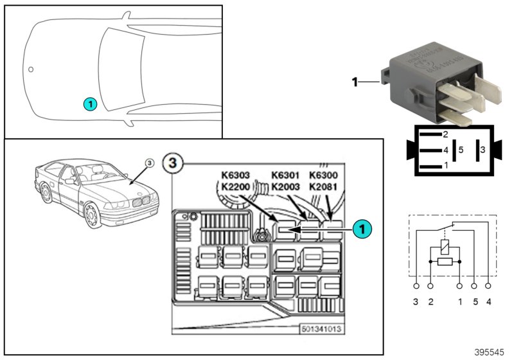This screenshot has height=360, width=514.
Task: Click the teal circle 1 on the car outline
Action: [90, 103]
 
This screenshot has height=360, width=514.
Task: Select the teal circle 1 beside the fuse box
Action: [362, 228]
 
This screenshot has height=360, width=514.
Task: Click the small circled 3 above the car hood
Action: [149, 163]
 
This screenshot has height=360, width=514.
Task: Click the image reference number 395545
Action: [490, 352]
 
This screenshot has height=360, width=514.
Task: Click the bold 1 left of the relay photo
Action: [354, 82]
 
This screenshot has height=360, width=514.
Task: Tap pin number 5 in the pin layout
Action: [460, 150]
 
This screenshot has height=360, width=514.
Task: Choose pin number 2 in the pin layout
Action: [445, 134]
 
